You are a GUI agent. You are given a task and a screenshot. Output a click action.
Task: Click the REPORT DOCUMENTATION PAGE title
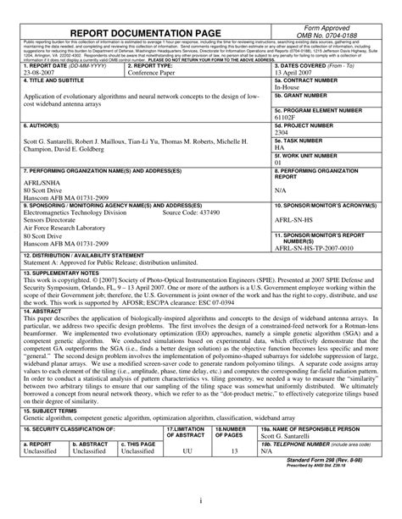click(146, 33)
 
